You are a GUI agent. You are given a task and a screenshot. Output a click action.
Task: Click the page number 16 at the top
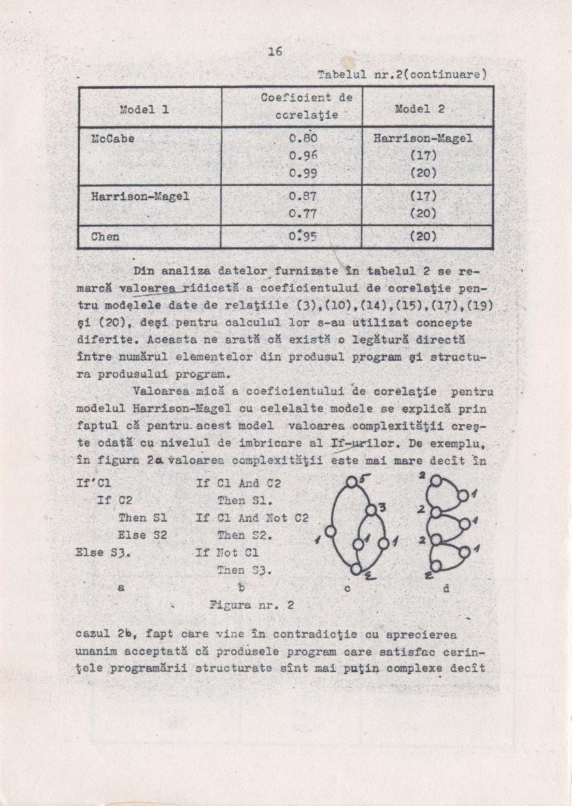(x=275, y=51)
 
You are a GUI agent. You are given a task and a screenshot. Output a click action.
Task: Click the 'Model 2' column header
(x=420, y=109)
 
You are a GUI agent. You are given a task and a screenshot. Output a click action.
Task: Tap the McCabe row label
(x=113, y=139)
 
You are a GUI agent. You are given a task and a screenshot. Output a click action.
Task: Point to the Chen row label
(x=105, y=237)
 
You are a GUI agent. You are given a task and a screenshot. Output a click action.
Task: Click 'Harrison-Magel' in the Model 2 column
(x=423, y=139)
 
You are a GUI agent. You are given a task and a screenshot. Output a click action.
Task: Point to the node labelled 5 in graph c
(x=351, y=482)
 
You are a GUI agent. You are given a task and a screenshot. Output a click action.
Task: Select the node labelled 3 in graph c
(x=371, y=510)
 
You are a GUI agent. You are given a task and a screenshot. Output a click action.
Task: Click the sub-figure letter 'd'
(x=446, y=586)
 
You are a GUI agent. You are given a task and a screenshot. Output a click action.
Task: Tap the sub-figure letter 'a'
(x=121, y=586)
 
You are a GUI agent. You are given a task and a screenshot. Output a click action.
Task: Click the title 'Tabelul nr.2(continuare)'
(x=402, y=74)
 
